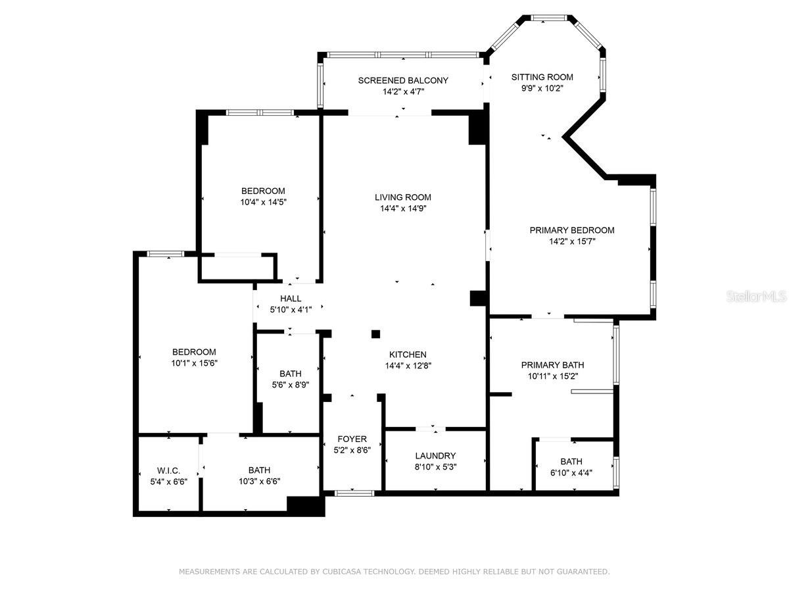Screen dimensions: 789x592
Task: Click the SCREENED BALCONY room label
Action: (x=403, y=80)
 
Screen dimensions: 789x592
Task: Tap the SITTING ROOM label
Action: (x=542, y=77)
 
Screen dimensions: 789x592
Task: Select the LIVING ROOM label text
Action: (x=403, y=197)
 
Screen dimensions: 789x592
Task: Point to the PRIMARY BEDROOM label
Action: (x=572, y=230)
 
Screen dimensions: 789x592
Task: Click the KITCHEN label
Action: (x=408, y=355)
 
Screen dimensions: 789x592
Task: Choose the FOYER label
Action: (x=352, y=439)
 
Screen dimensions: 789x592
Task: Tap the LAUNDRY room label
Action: (x=435, y=456)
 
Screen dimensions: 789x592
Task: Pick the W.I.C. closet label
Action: (x=168, y=470)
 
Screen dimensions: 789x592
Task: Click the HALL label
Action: (x=291, y=299)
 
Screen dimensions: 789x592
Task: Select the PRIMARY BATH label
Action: (x=552, y=365)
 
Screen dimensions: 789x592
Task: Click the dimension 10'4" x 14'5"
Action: (x=264, y=202)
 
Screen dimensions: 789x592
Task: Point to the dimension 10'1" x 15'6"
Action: (x=195, y=363)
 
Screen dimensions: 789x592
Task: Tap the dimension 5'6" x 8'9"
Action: (x=291, y=385)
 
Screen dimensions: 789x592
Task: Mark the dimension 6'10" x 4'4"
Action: (x=571, y=473)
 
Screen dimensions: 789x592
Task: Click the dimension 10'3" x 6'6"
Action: (x=260, y=481)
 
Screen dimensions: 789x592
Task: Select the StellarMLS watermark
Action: (x=756, y=297)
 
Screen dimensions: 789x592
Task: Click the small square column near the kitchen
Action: (x=375, y=334)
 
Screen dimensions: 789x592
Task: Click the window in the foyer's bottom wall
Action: (x=354, y=493)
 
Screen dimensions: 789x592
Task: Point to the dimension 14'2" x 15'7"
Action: (x=572, y=241)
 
